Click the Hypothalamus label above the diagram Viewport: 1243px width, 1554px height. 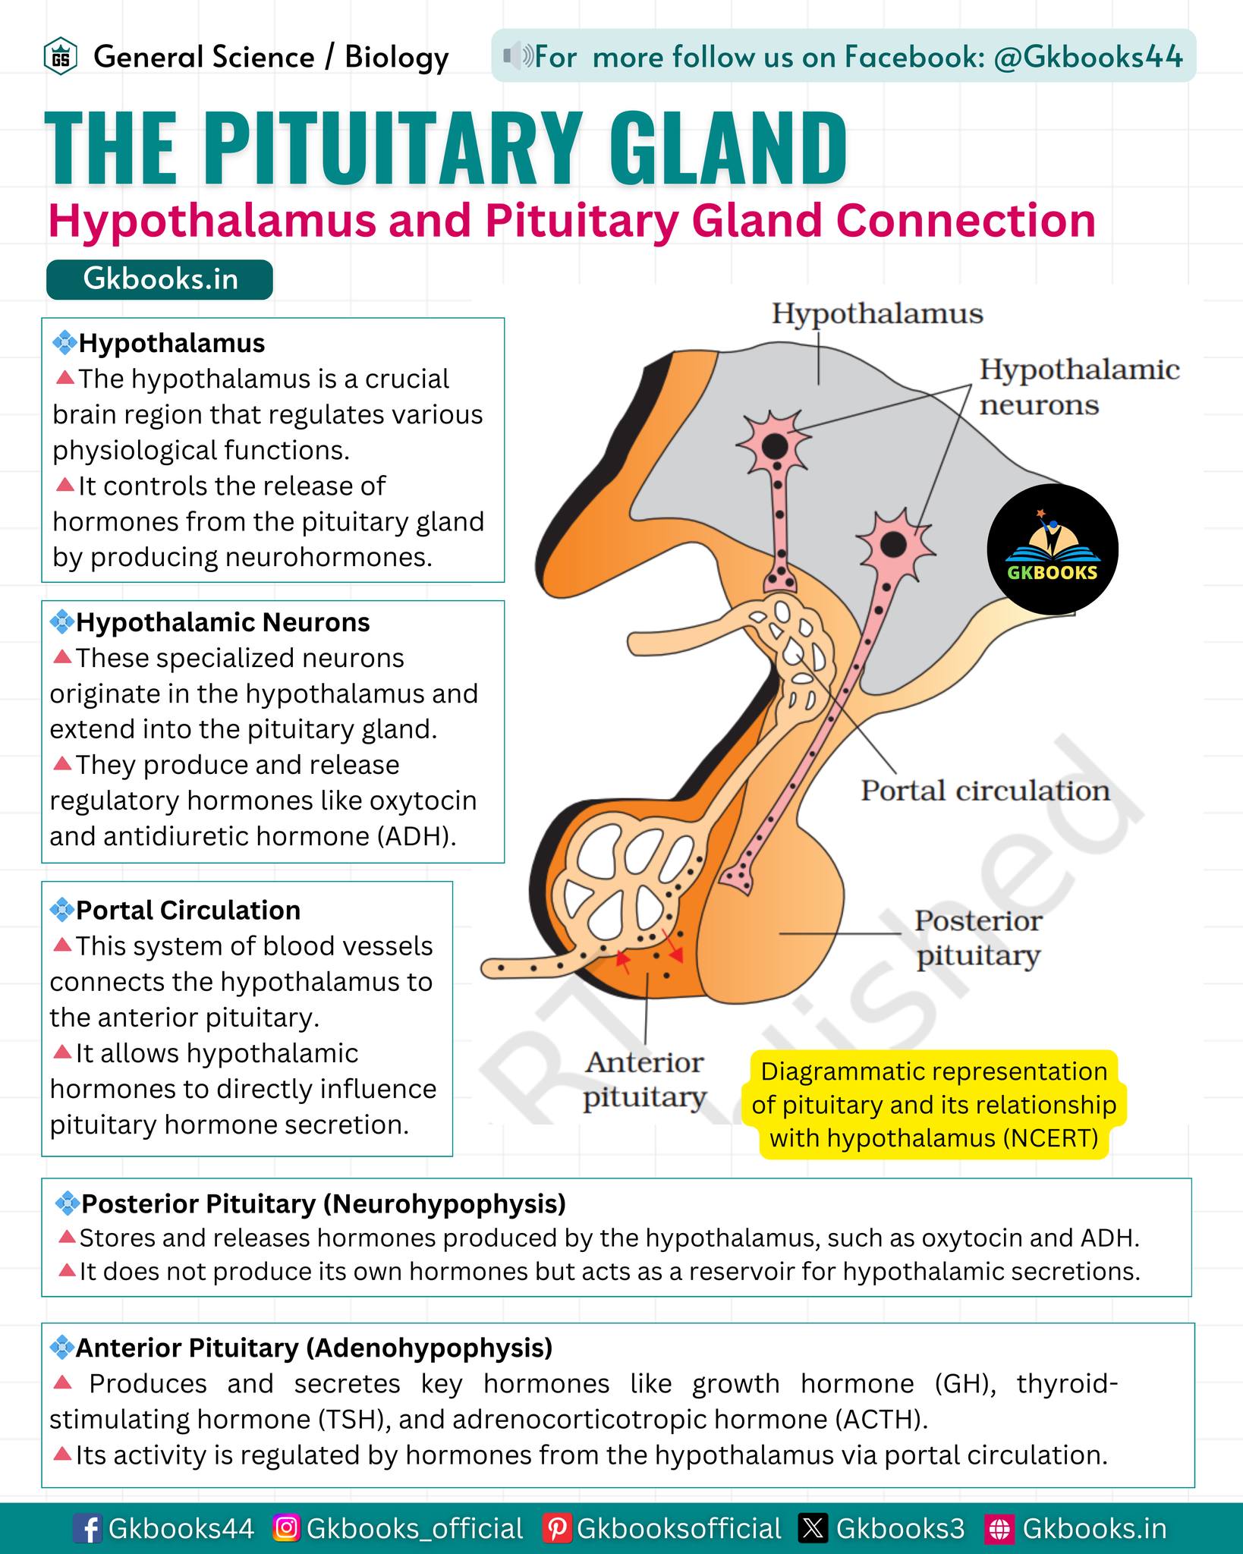coord(877,314)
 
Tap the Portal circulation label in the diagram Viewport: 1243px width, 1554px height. coord(985,791)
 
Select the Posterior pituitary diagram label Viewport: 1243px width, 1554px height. coord(978,938)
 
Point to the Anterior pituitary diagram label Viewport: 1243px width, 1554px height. coord(645,1080)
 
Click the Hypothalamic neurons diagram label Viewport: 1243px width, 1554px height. coord(1079,387)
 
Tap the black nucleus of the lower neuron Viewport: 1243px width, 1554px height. coord(893,543)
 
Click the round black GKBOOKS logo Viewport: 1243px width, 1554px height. coord(1052,549)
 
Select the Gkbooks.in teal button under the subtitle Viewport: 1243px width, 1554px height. coord(159,279)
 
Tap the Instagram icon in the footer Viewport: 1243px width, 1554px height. coord(286,1527)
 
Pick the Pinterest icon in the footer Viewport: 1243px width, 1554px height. coord(556,1528)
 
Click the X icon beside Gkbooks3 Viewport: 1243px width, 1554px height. coord(813,1528)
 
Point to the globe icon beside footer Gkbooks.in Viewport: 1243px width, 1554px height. coord(999,1528)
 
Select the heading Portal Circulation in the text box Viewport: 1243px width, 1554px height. coord(188,911)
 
